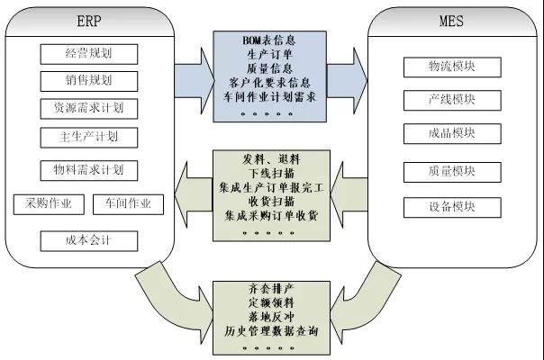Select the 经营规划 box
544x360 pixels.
89,53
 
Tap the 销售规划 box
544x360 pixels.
89,81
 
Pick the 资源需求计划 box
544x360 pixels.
89,109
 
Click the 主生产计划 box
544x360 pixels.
89,138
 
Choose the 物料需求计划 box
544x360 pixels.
89,169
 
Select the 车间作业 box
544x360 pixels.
128,203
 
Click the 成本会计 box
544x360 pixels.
89,240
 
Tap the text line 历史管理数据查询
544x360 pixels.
270,331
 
